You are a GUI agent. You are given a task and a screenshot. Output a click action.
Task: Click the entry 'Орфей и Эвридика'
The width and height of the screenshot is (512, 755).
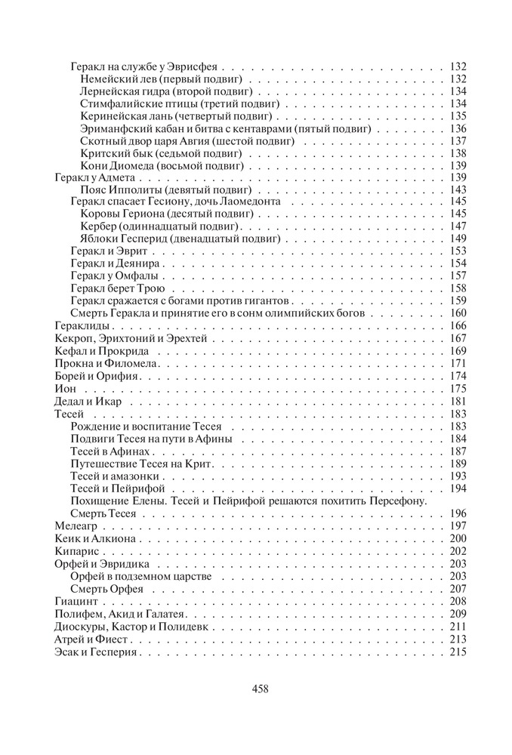tap(102, 564)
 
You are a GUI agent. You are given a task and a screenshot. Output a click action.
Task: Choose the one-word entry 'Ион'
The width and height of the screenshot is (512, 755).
tap(66, 389)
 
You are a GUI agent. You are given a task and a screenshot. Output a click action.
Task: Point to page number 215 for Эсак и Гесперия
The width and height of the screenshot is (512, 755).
tap(458, 651)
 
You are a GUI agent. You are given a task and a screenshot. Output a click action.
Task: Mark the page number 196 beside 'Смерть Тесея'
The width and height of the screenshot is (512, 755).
tap(458, 514)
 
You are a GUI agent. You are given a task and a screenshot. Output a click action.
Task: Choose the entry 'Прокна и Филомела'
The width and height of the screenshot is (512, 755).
tap(101, 364)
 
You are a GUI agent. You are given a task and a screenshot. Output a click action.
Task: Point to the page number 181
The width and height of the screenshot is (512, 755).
tap(458, 402)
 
